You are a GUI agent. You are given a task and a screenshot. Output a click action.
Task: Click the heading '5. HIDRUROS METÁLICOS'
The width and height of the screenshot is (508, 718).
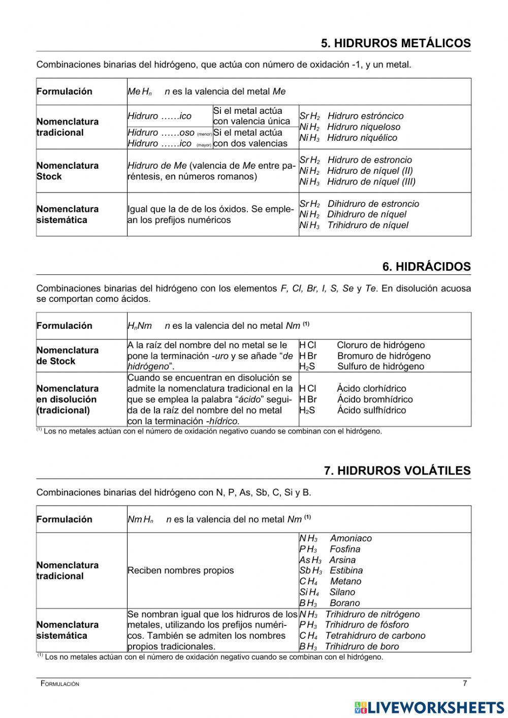(395, 44)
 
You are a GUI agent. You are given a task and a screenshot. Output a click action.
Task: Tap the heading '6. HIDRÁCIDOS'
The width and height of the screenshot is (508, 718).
(426, 267)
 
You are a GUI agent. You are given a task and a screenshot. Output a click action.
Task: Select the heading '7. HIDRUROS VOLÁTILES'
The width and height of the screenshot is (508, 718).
(397, 471)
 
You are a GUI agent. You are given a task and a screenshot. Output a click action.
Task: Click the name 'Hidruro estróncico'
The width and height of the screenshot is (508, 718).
(365, 116)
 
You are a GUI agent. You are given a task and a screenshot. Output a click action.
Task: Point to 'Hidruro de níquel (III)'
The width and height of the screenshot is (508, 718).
(371, 181)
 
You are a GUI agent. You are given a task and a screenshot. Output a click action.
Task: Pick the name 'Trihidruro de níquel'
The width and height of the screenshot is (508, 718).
(367, 225)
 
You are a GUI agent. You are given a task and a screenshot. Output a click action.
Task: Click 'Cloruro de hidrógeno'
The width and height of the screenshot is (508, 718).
(380, 345)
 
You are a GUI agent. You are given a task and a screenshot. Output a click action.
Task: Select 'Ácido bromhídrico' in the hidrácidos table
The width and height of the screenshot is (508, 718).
(375, 399)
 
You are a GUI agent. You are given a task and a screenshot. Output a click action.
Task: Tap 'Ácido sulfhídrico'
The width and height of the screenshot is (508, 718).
(371, 410)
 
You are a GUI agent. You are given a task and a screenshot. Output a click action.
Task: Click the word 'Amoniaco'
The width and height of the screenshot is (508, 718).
(351, 538)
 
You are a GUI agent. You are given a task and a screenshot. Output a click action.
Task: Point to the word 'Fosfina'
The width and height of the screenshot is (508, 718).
(344, 549)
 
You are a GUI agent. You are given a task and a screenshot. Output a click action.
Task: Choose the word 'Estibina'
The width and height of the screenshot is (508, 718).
(346, 570)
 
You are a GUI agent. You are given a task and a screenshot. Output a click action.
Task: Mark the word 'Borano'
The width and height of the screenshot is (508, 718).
(344, 603)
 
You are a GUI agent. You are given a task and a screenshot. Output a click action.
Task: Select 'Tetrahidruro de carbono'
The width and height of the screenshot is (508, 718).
(375, 636)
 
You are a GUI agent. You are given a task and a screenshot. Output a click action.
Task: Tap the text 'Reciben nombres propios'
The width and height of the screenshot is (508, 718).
(180, 570)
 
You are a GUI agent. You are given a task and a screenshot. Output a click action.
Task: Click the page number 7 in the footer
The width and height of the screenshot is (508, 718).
(464, 683)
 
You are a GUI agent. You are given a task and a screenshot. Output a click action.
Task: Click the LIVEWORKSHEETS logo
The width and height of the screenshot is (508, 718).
(429, 707)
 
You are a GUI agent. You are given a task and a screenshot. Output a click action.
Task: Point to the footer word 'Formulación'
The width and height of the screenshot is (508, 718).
(60, 684)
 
